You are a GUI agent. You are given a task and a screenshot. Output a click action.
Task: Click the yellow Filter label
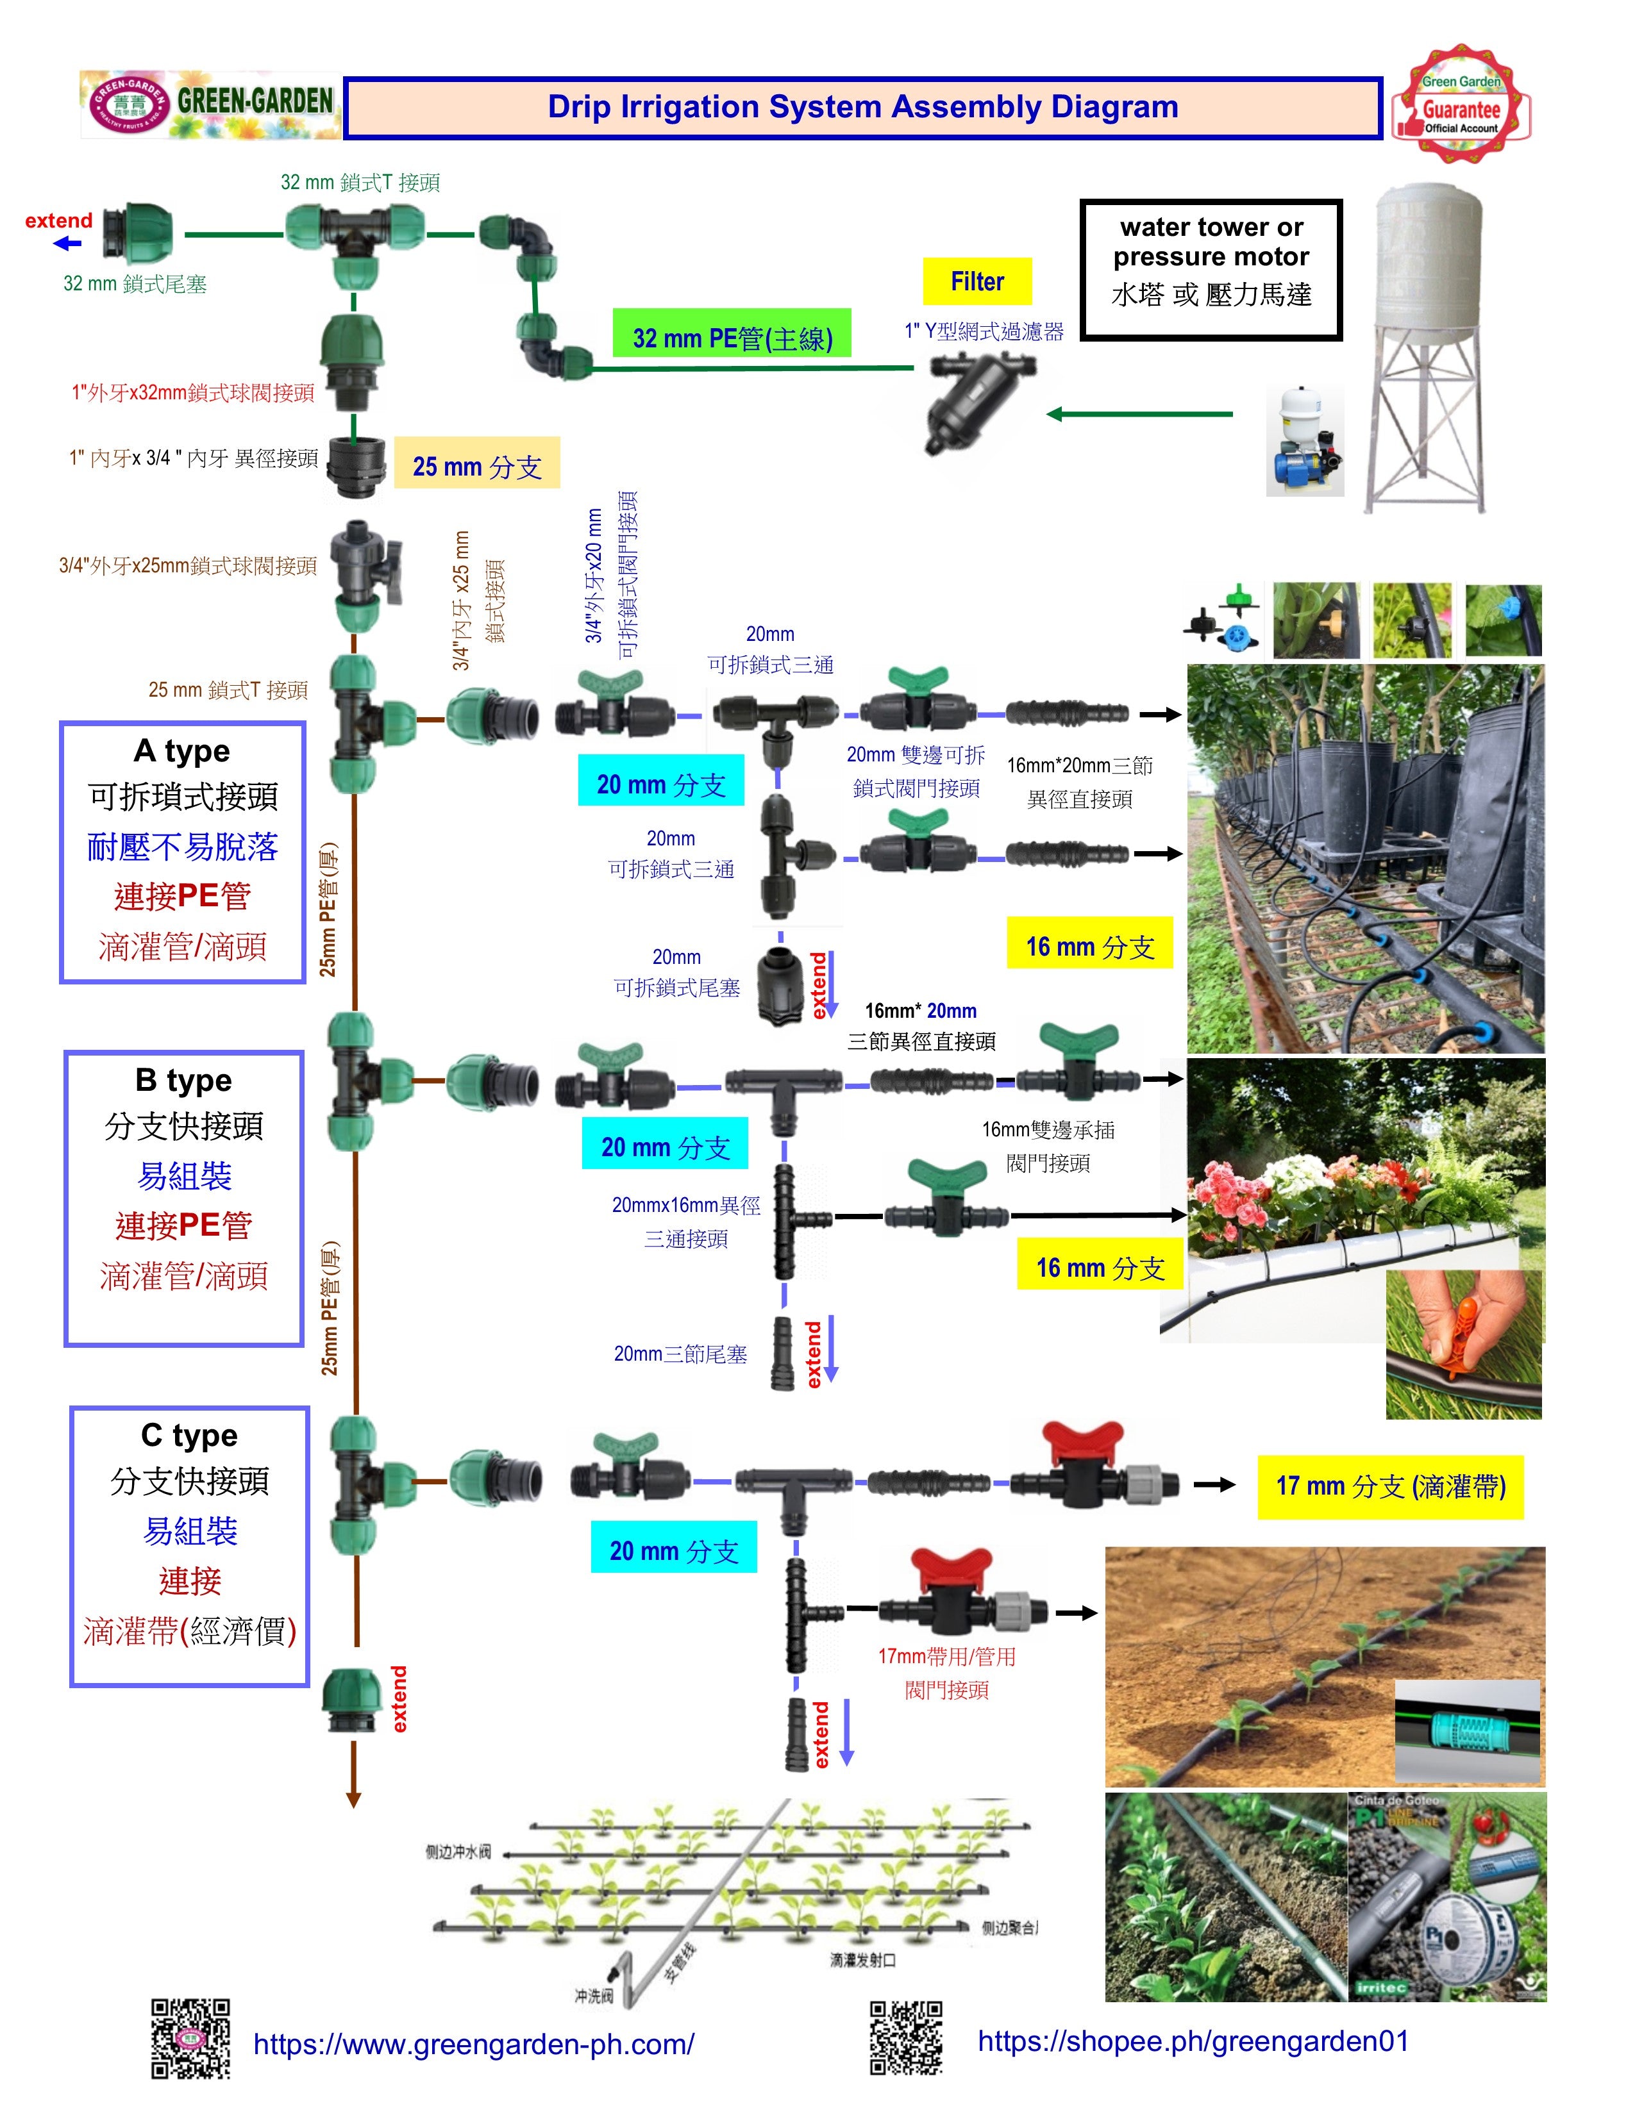(x=977, y=282)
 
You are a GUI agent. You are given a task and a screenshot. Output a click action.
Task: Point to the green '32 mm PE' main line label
(x=732, y=337)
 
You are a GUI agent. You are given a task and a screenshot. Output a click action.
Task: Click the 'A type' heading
(x=182, y=751)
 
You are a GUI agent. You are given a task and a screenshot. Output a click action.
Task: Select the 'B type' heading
(x=184, y=1080)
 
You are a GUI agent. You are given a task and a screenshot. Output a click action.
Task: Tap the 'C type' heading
(x=189, y=1434)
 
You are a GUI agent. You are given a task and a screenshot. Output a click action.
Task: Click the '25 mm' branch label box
(x=476, y=466)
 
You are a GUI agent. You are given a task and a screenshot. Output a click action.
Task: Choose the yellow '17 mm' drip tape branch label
(x=1390, y=1486)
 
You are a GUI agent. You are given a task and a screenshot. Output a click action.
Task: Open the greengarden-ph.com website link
(x=474, y=2044)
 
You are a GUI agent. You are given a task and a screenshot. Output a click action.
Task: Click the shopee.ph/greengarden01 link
(x=1193, y=2041)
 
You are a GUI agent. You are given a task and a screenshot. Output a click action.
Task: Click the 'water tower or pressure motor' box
(x=1211, y=269)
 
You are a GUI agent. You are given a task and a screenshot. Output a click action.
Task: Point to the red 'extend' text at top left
(x=59, y=221)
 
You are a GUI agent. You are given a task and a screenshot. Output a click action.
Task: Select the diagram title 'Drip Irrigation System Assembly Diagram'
(x=862, y=106)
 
